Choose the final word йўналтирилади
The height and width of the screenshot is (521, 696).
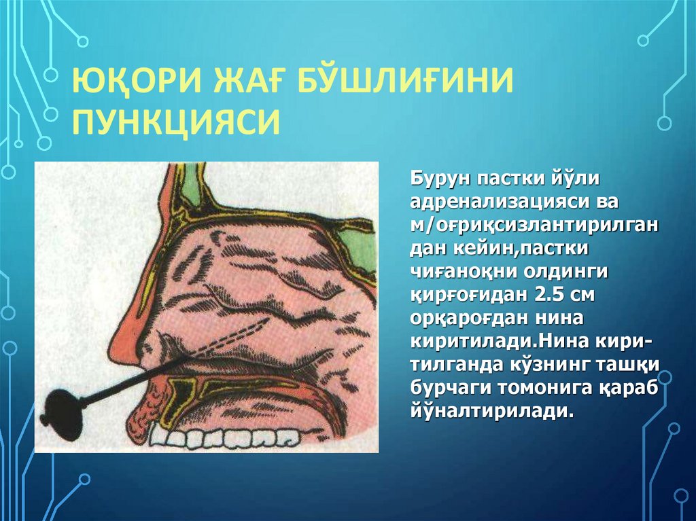click(x=487, y=412)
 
